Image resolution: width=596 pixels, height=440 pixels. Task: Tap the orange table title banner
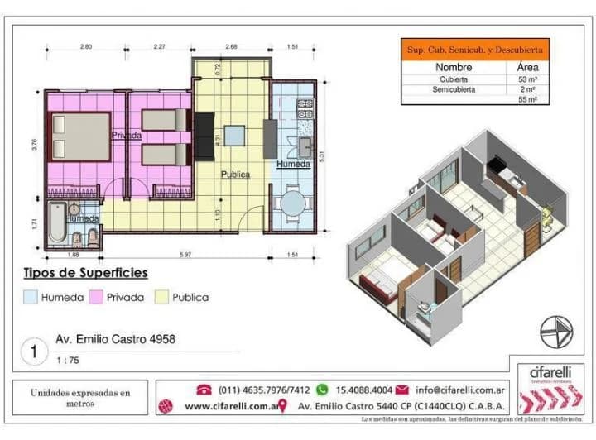[x=473, y=50]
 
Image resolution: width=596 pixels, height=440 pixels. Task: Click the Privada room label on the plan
[x=125, y=135]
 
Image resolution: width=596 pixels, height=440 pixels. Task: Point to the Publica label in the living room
[x=235, y=175]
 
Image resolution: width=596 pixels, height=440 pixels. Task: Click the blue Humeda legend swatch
[x=30, y=297]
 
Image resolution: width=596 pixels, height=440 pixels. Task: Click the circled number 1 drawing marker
[x=34, y=351]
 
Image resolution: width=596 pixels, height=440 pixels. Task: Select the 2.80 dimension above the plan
[x=86, y=47]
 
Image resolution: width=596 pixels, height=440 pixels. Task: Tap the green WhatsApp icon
[x=322, y=389]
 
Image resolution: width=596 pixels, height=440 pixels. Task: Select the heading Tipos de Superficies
[x=85, y=272]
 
